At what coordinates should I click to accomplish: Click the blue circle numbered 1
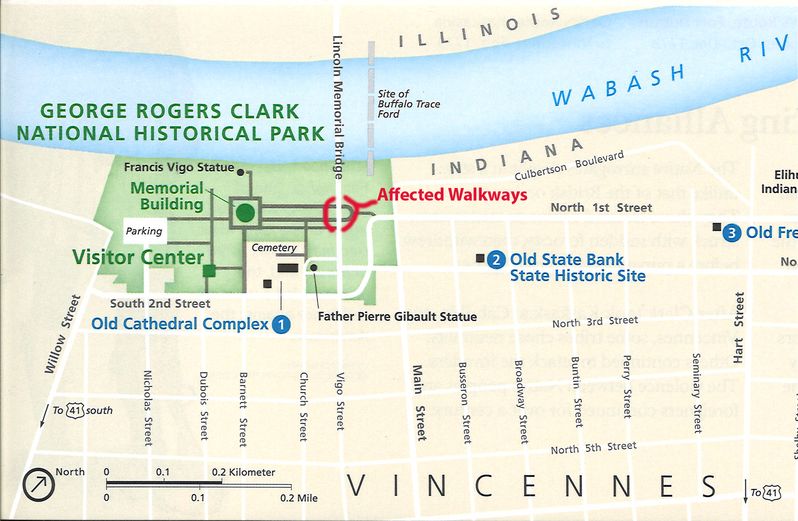(x=281, y=324)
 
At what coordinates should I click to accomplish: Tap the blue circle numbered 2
(x=496, y=260)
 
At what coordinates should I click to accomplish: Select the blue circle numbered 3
(x=732, y=233)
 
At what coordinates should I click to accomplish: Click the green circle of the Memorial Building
(x=245, y=212)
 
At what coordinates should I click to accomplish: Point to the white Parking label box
(x=144, y=231)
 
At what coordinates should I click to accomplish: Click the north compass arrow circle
(x=39, y=484)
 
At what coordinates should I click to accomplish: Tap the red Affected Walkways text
(x=452, y=195)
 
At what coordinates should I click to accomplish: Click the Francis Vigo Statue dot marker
(x=240, y=173)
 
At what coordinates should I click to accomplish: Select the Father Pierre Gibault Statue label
(x=397, y=317)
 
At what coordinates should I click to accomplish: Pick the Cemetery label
(x=274, y=247)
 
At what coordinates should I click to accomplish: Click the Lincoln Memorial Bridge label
(x=338, y=107)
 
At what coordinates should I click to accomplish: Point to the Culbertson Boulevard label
(x=569, y=165)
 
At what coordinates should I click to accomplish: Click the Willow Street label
(x=62, y=334)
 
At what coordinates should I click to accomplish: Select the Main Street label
(x=419, y=403)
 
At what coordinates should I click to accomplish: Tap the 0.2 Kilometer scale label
(x=243, y=472)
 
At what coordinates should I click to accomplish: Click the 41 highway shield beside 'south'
(x=75, y=411)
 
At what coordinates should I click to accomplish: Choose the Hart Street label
(x=738, y=327)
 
